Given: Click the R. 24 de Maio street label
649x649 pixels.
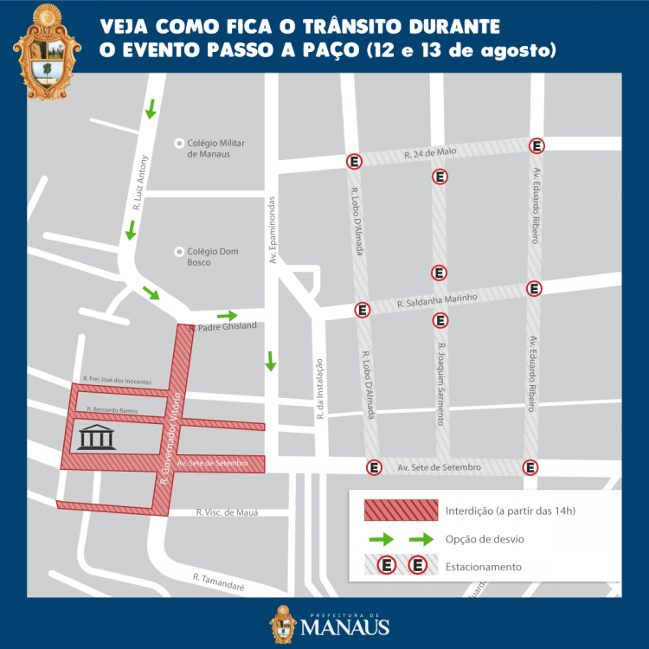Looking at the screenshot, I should pos(430,153).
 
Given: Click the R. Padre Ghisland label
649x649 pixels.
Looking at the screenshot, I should pos(222,326).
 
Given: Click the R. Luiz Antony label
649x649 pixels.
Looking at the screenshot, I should pos(138,183).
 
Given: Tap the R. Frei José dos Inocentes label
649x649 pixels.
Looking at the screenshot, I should pos(117,379).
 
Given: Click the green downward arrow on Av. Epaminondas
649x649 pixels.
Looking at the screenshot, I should pos(271,360).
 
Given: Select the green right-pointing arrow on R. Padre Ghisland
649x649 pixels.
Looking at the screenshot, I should pos(228,316).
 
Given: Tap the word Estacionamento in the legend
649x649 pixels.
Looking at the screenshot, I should pos(484,567).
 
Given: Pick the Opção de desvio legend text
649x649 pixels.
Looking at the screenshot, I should pos(485,539).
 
